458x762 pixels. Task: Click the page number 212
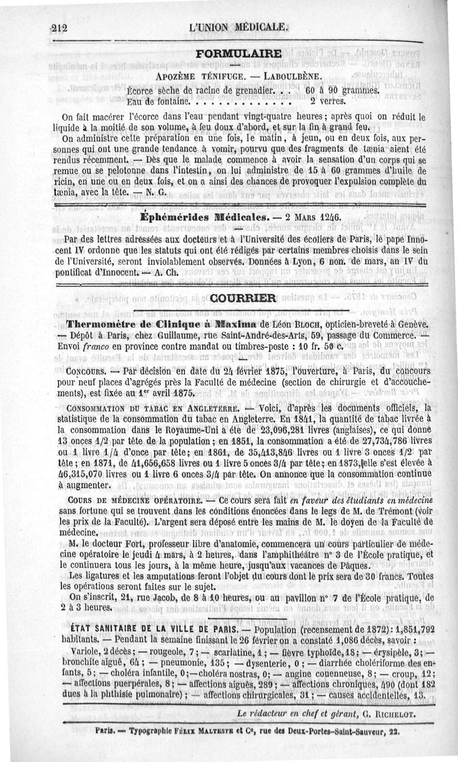(59, 28)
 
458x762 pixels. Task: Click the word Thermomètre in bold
(102, 324)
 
